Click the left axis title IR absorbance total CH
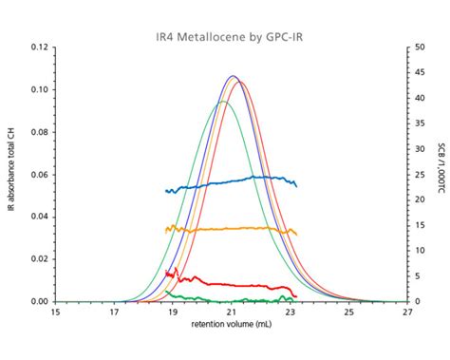click(11, 174)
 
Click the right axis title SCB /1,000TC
click(441, 174)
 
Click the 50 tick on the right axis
click(420, 47)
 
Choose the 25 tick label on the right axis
click(420, 175)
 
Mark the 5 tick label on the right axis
click(418, 276)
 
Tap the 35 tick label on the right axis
click(420, 123)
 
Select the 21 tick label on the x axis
click(232, 312)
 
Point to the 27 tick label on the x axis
click(407, 312)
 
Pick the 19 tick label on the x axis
click(173, 312)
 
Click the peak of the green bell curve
click(223, 102)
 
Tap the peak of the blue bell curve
click(233, 76)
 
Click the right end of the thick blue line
click(297, 184)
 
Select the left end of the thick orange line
click(166, 228)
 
